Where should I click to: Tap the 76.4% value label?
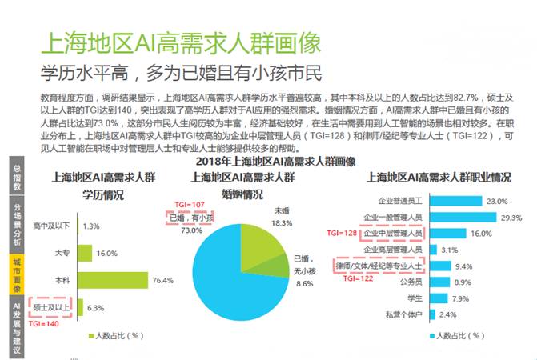click(x=163, y=280)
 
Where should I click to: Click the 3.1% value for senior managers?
click(x=449, y=250)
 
